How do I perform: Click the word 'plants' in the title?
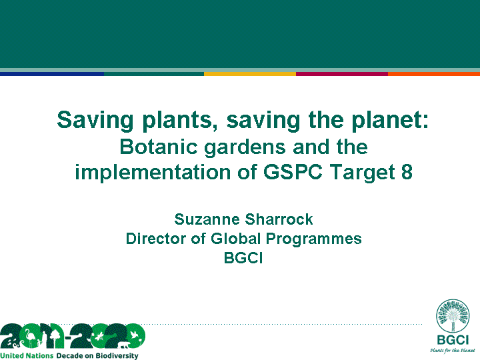tap(177, 121)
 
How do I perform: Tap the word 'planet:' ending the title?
tap(390, 121)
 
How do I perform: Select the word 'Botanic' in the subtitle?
tap(159, 147)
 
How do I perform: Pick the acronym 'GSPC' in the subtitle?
tap(293, 172)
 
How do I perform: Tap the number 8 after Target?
tap(407, 172)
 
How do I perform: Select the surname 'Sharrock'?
tap(279, 219)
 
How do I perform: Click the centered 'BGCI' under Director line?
tap(243, 258)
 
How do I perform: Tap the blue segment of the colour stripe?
tap(52, 74)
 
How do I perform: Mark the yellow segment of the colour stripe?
tap(250, 74)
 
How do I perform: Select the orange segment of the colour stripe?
tap(434, 74)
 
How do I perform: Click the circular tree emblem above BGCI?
tap(453, 316)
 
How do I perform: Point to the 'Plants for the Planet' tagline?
tap(453, 351)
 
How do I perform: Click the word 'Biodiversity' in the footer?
tap(117, 356)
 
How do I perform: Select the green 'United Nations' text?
tap(27, 356)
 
